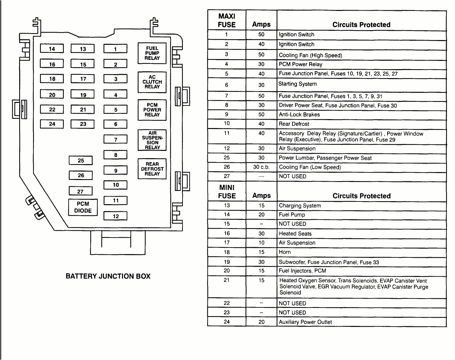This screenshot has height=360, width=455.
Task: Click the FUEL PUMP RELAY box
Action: click(152, 53)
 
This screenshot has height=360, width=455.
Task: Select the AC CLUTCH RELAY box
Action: click(152, 82)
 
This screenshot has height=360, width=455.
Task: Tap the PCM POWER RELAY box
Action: click(152, 110)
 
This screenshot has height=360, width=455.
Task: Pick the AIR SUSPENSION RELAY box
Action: click(152, 140)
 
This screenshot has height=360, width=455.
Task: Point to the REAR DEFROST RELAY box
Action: click(152, 169)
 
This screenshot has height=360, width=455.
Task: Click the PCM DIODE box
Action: click(83, 207)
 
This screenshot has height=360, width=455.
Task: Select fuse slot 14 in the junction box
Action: click(52, 49)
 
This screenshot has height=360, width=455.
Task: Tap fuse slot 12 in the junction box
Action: click(115, 216)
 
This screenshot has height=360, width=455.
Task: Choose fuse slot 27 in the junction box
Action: click(80, 191)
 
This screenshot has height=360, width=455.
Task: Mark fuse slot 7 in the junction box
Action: click(115, 140)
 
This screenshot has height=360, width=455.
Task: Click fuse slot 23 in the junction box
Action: click(83, 124)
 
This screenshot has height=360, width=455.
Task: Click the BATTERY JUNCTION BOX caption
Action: click(108, 276)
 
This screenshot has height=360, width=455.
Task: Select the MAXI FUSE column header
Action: click(227, 20)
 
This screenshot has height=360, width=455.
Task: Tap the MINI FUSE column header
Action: click(227, 192)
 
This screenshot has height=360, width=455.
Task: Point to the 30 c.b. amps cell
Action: click(261, 167)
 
